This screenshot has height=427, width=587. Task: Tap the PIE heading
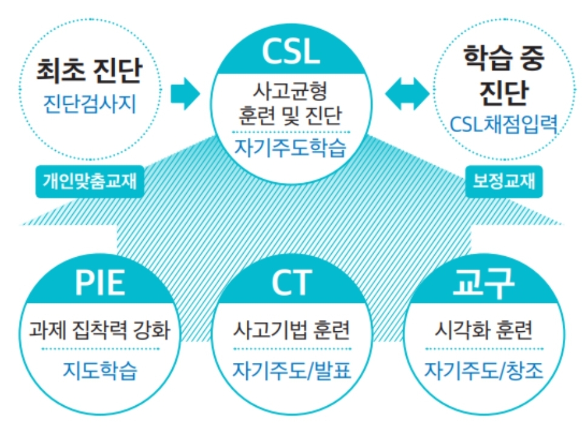99,283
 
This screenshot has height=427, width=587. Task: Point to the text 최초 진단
89,71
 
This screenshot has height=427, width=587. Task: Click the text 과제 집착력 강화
100,331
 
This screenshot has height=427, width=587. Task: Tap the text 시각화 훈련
483,331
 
